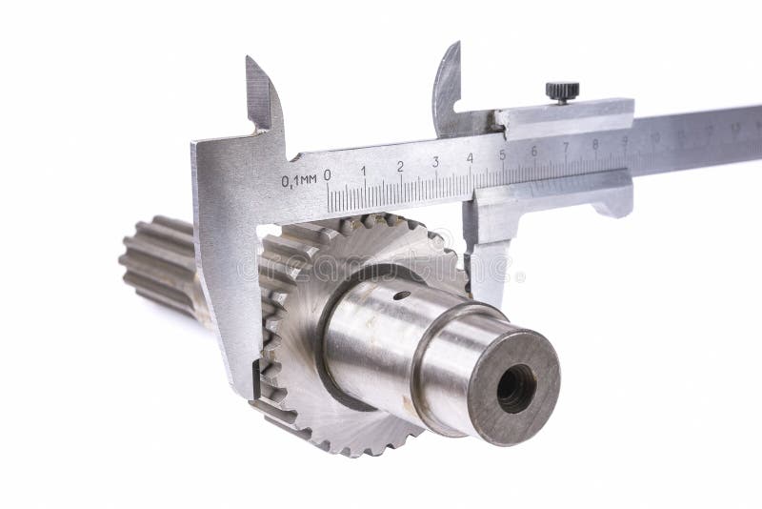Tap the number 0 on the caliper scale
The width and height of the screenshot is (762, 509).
click(x=328, y=175)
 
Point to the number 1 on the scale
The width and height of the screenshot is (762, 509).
click(x=363, y=172)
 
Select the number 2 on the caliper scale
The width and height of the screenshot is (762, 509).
click(x=400, y=167)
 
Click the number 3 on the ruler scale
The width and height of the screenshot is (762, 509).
click(x=435, y=162)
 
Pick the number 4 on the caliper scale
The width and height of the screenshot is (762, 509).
click(x=470, y=158)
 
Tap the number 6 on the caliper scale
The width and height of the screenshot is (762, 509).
click(x=533, y=151)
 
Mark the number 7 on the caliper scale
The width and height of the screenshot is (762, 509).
click(x=566, y=147)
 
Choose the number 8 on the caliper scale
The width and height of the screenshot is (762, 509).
click(x=595, y=144)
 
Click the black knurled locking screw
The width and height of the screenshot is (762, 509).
click(x=562, y=92)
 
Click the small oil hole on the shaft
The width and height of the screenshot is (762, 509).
click(x=404, y=295)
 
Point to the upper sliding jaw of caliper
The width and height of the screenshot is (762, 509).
click(x=447, y=86)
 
